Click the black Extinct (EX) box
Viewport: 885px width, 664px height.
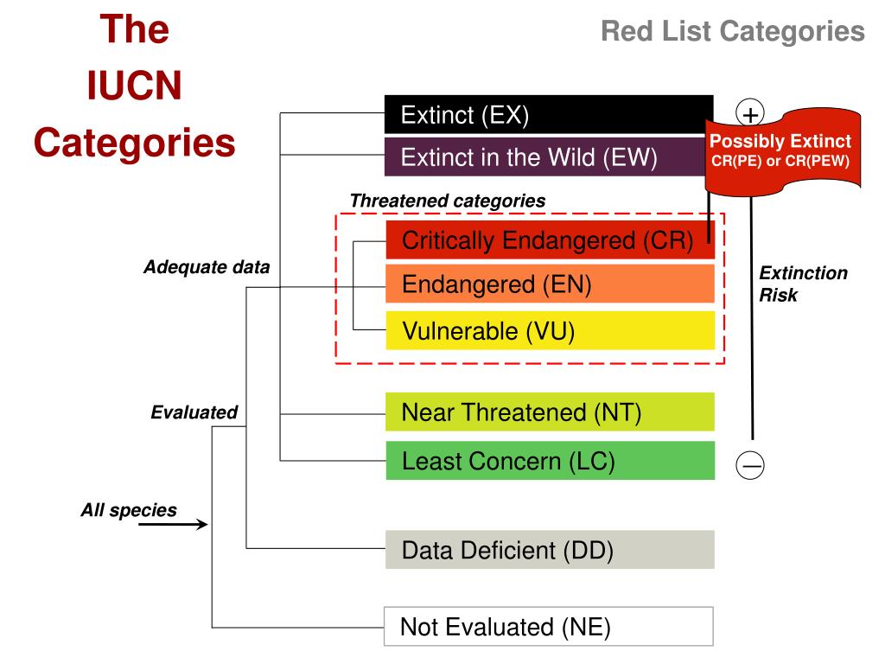pos(548,115)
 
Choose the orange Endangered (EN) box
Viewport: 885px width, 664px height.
pos(550,284)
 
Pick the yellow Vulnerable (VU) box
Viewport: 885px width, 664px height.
pos(550,330)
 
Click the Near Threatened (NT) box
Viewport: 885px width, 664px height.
pos(550,412)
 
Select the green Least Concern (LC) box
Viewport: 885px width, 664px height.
pos(550,461)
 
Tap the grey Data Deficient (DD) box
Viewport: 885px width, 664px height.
pos(550,550)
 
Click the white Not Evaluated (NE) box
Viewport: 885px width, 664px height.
pos(548,627)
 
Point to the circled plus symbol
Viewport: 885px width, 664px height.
pos(750,113)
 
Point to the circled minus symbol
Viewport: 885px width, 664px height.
pos(750,465)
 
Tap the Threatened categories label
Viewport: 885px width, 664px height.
pos(447,201)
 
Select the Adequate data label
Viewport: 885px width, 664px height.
pos(206,268)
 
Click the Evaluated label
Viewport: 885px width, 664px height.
pos(194,412)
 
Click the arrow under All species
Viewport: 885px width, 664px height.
pos(173,524)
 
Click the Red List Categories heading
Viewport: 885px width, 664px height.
pos(732,32)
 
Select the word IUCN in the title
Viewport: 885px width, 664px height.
pos(134,86)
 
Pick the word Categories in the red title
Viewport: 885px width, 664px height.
pos(134,142)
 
